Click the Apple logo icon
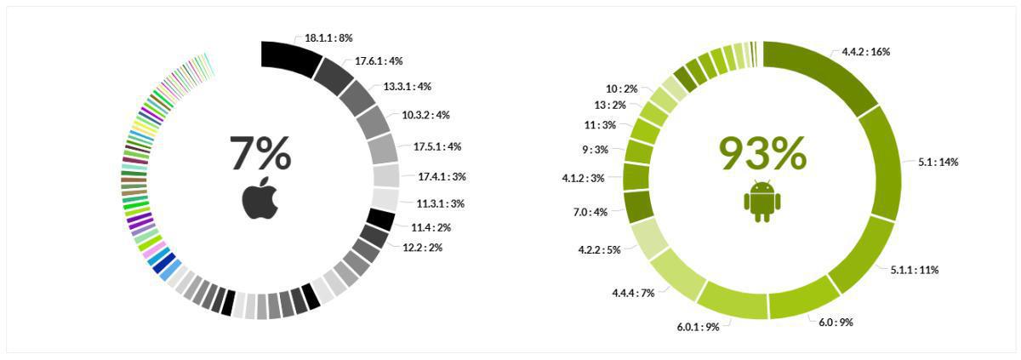(260, 198)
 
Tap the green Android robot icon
(761, 201)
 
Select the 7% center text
(260, 154)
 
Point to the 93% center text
(762, 154)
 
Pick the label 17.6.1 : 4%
(379, 60)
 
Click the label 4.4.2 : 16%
(866, 51)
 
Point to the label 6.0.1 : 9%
(698, 326)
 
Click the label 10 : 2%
(621, 89)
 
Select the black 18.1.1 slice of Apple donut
(290, 56)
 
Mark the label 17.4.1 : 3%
(442, 177)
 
